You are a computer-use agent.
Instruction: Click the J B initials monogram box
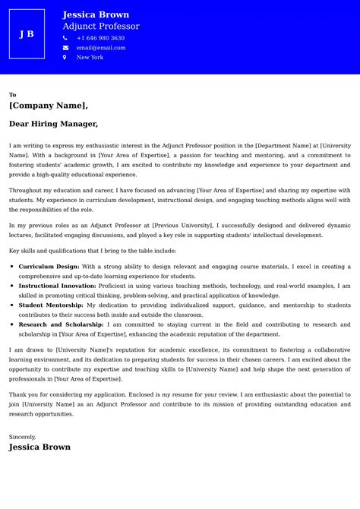[x=27, y=34]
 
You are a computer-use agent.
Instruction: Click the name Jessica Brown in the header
[x=96, y=14]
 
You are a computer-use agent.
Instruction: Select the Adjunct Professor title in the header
[x=101, y=27]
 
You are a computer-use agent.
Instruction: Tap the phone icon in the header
[x=65, y=38]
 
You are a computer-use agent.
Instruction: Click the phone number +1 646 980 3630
[x=100, y=38]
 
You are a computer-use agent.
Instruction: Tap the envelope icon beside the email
[x=65, y=48]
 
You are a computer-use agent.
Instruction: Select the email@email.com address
[x=101, y=48]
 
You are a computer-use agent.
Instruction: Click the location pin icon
[x=65, y=58]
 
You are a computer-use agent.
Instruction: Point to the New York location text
[x=90, y=58]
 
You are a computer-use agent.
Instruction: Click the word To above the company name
[x=12, y=95]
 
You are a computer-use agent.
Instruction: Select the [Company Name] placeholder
[x=49, y=106]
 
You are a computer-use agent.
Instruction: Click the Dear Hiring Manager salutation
[x=53, y=124]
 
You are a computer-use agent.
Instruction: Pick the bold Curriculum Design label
[x=49, y=267]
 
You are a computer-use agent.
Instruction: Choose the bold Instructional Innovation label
[x=57, y=286]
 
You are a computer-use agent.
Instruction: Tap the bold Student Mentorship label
[x=51, y=305]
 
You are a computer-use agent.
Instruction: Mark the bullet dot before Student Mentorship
[x=12, y=305]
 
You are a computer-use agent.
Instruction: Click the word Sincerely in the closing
[x=22, y=437]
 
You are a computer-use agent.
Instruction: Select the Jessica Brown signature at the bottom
[x=39, y=447]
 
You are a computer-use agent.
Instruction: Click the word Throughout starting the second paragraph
[x=26, y=191]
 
